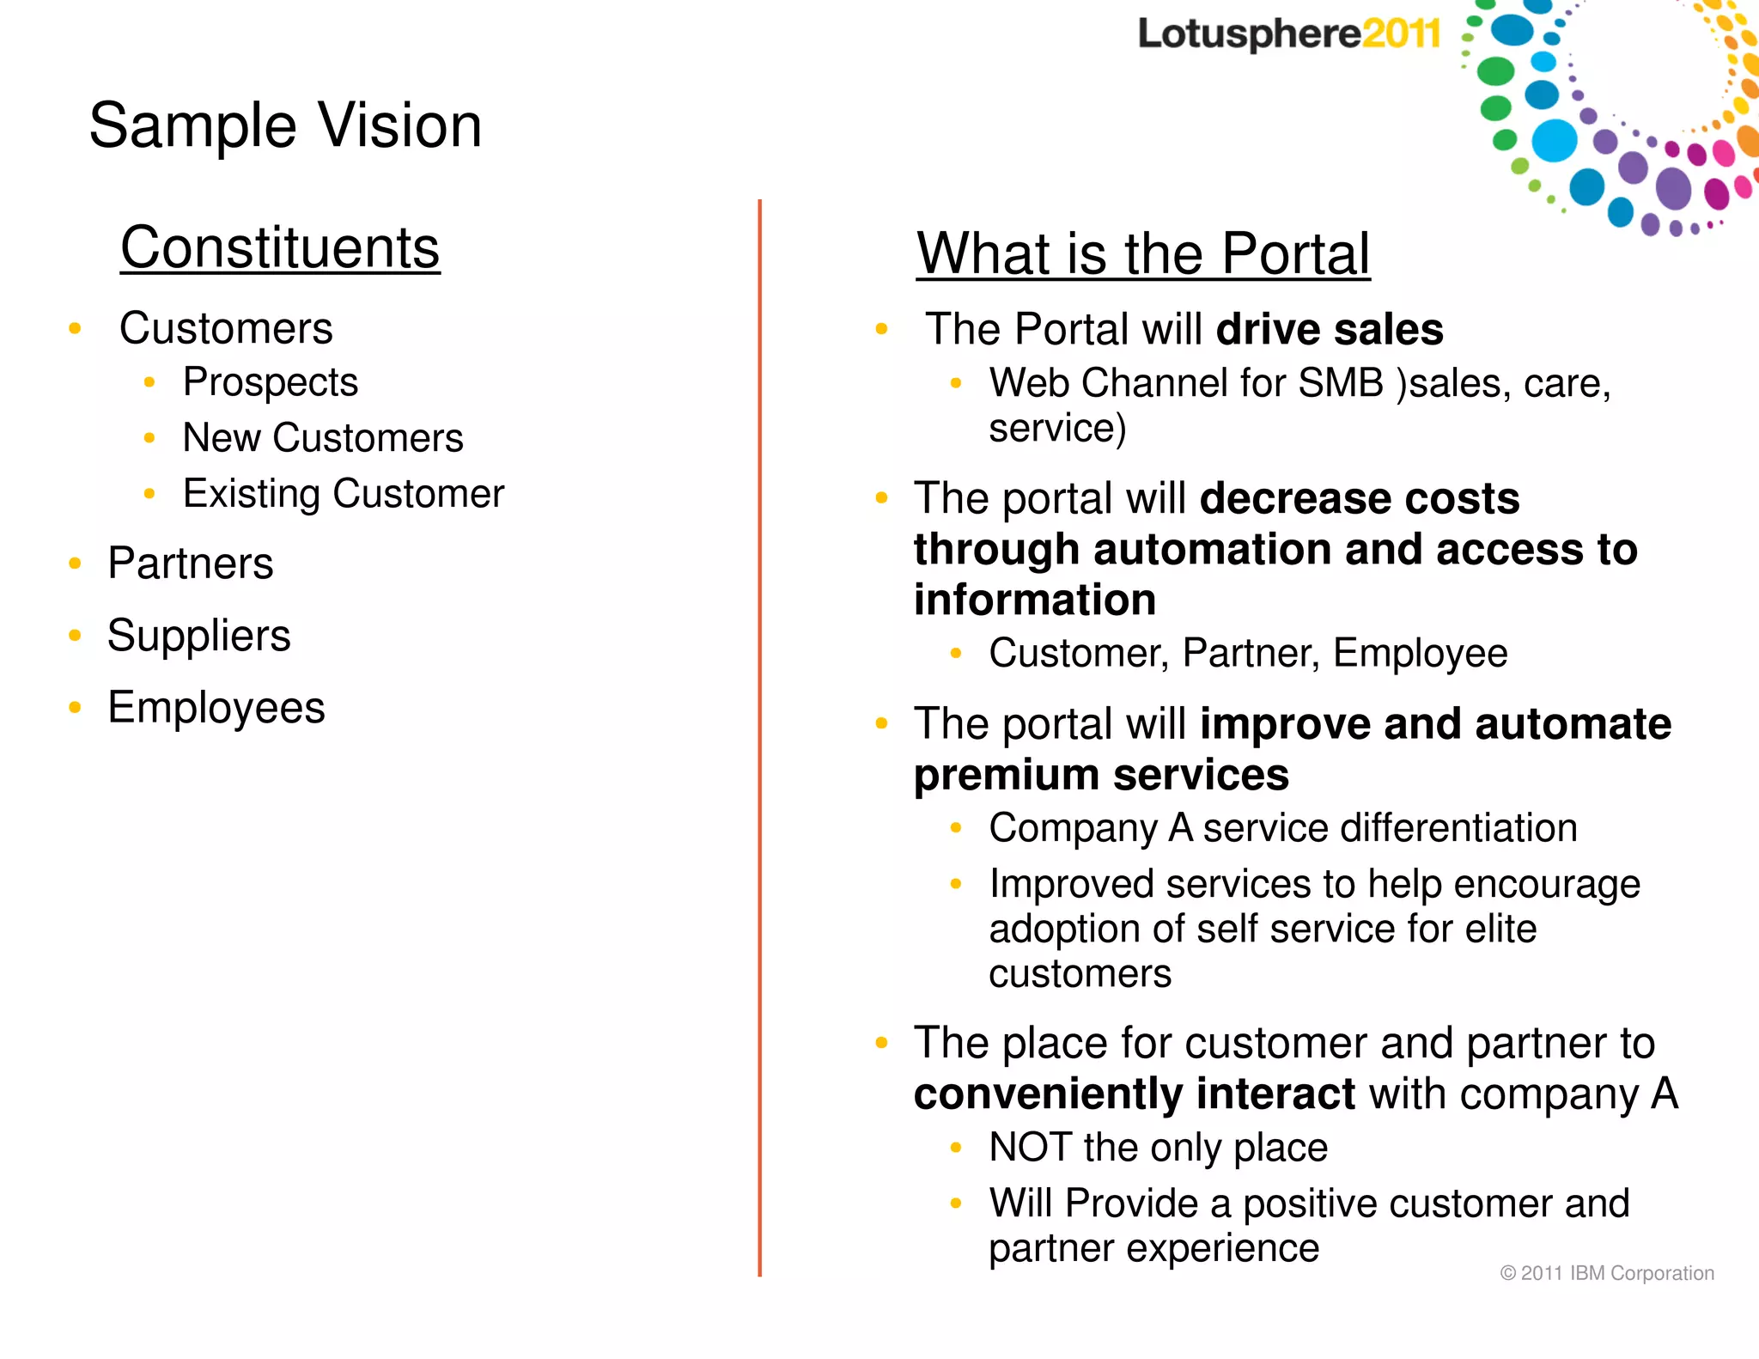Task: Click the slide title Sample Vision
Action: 285,125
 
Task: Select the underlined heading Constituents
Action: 280,247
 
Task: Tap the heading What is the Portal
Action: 1142,253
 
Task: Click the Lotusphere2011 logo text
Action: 1288,34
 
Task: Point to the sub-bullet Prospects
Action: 270,381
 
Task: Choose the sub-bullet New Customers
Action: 323,437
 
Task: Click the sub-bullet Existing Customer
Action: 344,493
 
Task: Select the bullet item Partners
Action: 190,564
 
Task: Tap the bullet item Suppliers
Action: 198,636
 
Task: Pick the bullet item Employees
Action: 216,708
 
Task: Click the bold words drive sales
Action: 1330,329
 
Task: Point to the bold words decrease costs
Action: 1359,498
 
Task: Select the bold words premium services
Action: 1101,775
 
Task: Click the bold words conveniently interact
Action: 1134,1094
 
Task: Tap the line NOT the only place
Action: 1158,1148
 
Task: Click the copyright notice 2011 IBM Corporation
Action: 1606,1273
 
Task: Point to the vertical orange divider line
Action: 759,739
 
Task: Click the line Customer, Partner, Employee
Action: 1247,653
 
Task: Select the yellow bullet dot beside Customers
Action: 75,328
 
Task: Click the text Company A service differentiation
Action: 1282,828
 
